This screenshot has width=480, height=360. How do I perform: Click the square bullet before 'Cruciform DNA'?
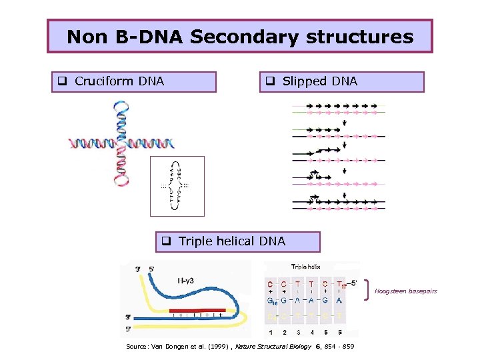pyautogui.click(x=61, y=82)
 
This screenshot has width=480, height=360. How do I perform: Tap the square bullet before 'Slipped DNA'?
pyautogui.click(x=271, y=82)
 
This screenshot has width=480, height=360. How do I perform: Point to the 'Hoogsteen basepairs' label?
pyautogui.click(x=406, y=291)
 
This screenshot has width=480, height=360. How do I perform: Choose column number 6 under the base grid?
pyautogui.click(x=341, y=331)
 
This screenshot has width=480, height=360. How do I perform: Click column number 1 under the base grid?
pyautogui.click(x=270, y=331)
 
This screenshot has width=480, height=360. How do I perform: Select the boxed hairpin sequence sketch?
pyautogui.click(x=177, y=186)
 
